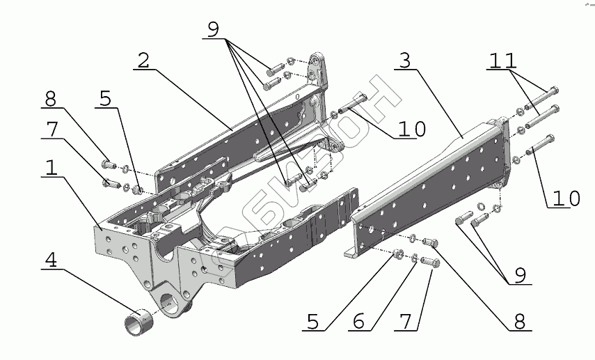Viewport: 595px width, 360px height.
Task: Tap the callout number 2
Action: (143, 60)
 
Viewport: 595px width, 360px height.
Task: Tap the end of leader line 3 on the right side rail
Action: (462, 137)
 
